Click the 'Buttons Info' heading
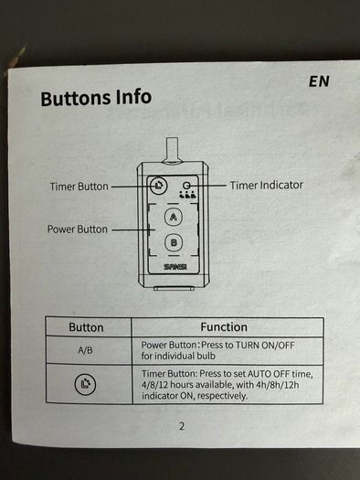click(x=96, y=98)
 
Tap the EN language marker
click(x=319, y=81)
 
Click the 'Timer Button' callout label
click(x=79, y=187)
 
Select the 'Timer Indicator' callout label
click(x=267, y=185)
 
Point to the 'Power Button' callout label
click(x=78, y=229)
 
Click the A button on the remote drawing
click(x=174, y=217)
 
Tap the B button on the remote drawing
click(x=174, y=243)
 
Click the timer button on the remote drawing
click(x=159, y=186)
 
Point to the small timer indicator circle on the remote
click(x=186, y=186)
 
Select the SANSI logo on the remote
click(x=175, y=267)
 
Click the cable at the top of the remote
click(x=172, y=149)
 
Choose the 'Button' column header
click(x=86, y=327)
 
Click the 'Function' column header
click(x=224, y=327)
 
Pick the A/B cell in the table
click(x=85, y=350)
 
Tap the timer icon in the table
click(x=85, y=384)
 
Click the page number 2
click(x=182, y=426)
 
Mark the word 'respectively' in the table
click(x=222, y=396)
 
